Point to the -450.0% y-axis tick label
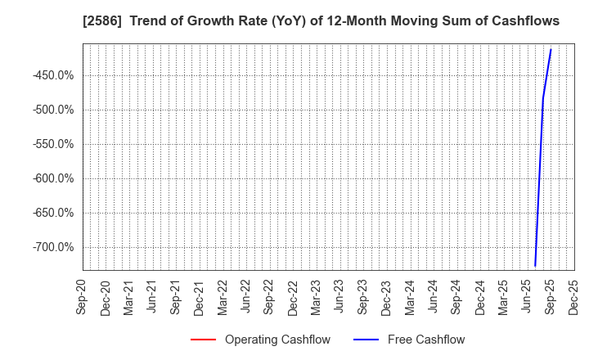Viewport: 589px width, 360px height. (52, 75)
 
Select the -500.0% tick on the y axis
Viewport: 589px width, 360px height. (52, 110)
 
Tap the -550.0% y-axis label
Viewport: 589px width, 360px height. (52, 144)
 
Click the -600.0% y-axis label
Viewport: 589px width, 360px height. (52, 178)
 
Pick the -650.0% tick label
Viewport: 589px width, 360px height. (52, 213)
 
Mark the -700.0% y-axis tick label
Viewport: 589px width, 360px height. (52, 247)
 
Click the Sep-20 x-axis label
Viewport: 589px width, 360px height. (83, 296)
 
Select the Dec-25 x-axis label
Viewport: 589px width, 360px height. (574, 296)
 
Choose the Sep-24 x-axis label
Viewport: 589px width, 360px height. (457, 296)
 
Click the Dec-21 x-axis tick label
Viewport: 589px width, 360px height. (200, 296)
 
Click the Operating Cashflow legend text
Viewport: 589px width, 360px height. (277, 340)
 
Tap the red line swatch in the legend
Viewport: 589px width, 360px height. (203, 340)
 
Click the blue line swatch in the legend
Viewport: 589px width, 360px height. (366, 340)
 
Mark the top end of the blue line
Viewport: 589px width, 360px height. (551, 49)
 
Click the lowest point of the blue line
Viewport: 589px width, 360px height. (535, 266)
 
